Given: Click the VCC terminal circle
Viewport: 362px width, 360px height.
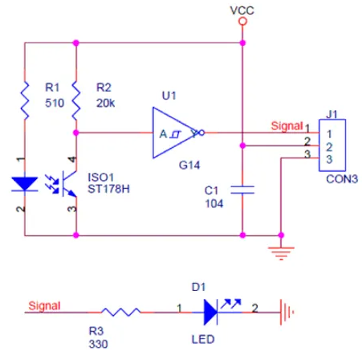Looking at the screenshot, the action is tap(242, 21).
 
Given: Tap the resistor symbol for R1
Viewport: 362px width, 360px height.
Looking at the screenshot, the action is tap(25, 100).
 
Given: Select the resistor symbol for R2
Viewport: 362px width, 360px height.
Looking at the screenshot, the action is tap(76, 100).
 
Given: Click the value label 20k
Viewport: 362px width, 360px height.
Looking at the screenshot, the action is tap(106, 103).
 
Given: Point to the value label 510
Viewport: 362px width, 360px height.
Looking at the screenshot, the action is tap(55, 103).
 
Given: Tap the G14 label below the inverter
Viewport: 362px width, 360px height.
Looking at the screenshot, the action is tap(189, 165).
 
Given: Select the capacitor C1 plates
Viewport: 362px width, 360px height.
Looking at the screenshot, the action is tap(242, 190).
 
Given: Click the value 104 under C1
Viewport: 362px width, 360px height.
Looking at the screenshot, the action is tap(214, 204).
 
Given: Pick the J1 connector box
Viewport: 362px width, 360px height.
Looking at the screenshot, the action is tap(332, 145).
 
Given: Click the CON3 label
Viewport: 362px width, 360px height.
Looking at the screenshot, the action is tap(342, 179).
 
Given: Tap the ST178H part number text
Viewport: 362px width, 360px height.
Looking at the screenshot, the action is tap(108, 189).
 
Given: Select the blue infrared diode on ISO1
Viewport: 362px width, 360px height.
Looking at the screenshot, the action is tap(25, 184).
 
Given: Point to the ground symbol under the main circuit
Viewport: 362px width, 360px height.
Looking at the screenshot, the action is tap(281, 253).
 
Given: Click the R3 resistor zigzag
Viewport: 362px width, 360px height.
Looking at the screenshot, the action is tap(121, 312).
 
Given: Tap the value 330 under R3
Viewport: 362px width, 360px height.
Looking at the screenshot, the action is tap(98, 344).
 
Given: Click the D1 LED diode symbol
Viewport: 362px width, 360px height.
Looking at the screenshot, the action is tap(210, 313).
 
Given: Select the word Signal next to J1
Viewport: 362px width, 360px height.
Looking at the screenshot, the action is tap(287, 126).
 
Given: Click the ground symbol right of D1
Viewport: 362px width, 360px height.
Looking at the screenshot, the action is tap(287, 313).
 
